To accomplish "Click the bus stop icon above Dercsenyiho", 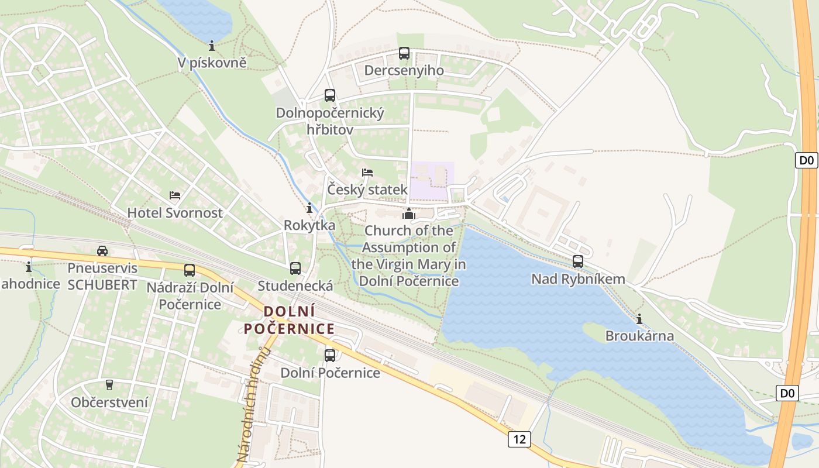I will [404, 53].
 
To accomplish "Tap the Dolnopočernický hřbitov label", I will [330, 121].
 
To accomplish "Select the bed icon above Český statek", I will [367, 173].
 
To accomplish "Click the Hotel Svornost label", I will [175, 213].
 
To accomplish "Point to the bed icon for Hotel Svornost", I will [175, 195].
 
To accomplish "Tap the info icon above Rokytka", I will [309, 208].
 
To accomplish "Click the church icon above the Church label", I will [409, 214].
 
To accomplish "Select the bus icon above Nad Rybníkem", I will [578, 261].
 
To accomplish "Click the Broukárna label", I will [639, 336].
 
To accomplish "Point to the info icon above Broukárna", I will [639, 319].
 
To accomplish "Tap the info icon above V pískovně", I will [212, 45].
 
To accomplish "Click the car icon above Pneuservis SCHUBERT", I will [102, 251].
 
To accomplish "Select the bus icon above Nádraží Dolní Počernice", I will [190, 270].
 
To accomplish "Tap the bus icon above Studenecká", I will [295, 269].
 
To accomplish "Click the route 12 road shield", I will [519, 439].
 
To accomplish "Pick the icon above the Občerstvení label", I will [109, 384].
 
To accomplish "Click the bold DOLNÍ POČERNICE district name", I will [290, 320].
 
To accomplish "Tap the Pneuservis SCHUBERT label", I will [102, 277].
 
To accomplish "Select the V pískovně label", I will [213, 63].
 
